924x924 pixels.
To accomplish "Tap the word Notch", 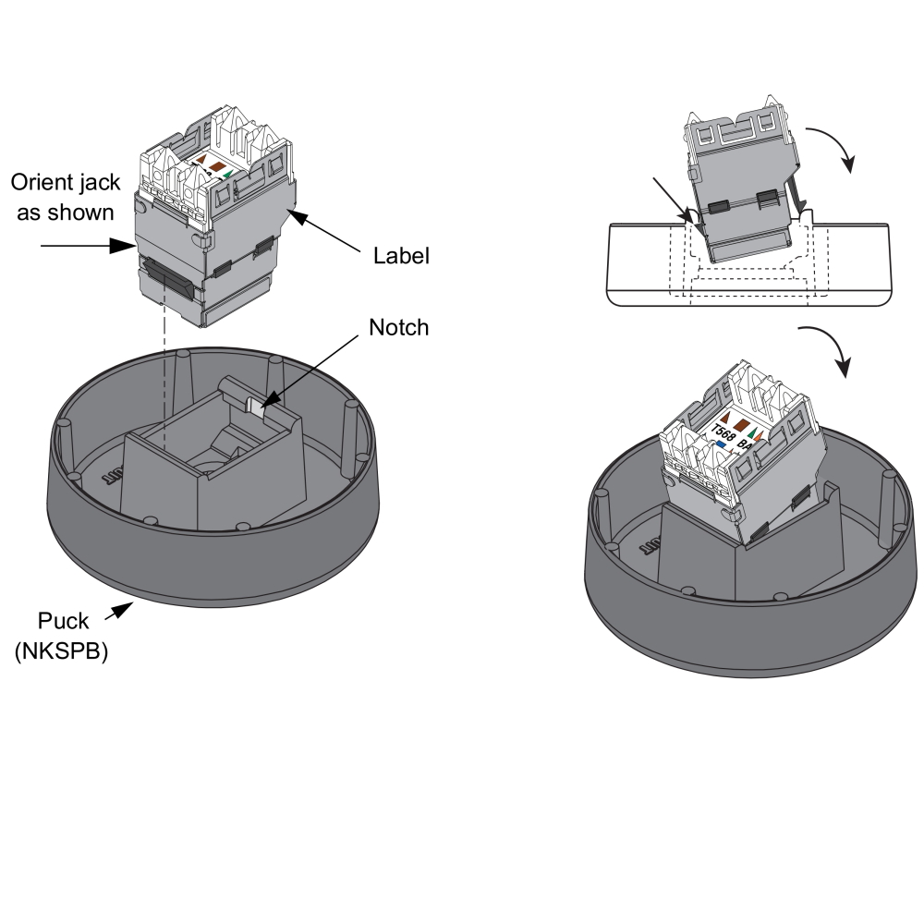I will [398, 327].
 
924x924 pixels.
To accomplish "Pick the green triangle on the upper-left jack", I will [228, 171].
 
